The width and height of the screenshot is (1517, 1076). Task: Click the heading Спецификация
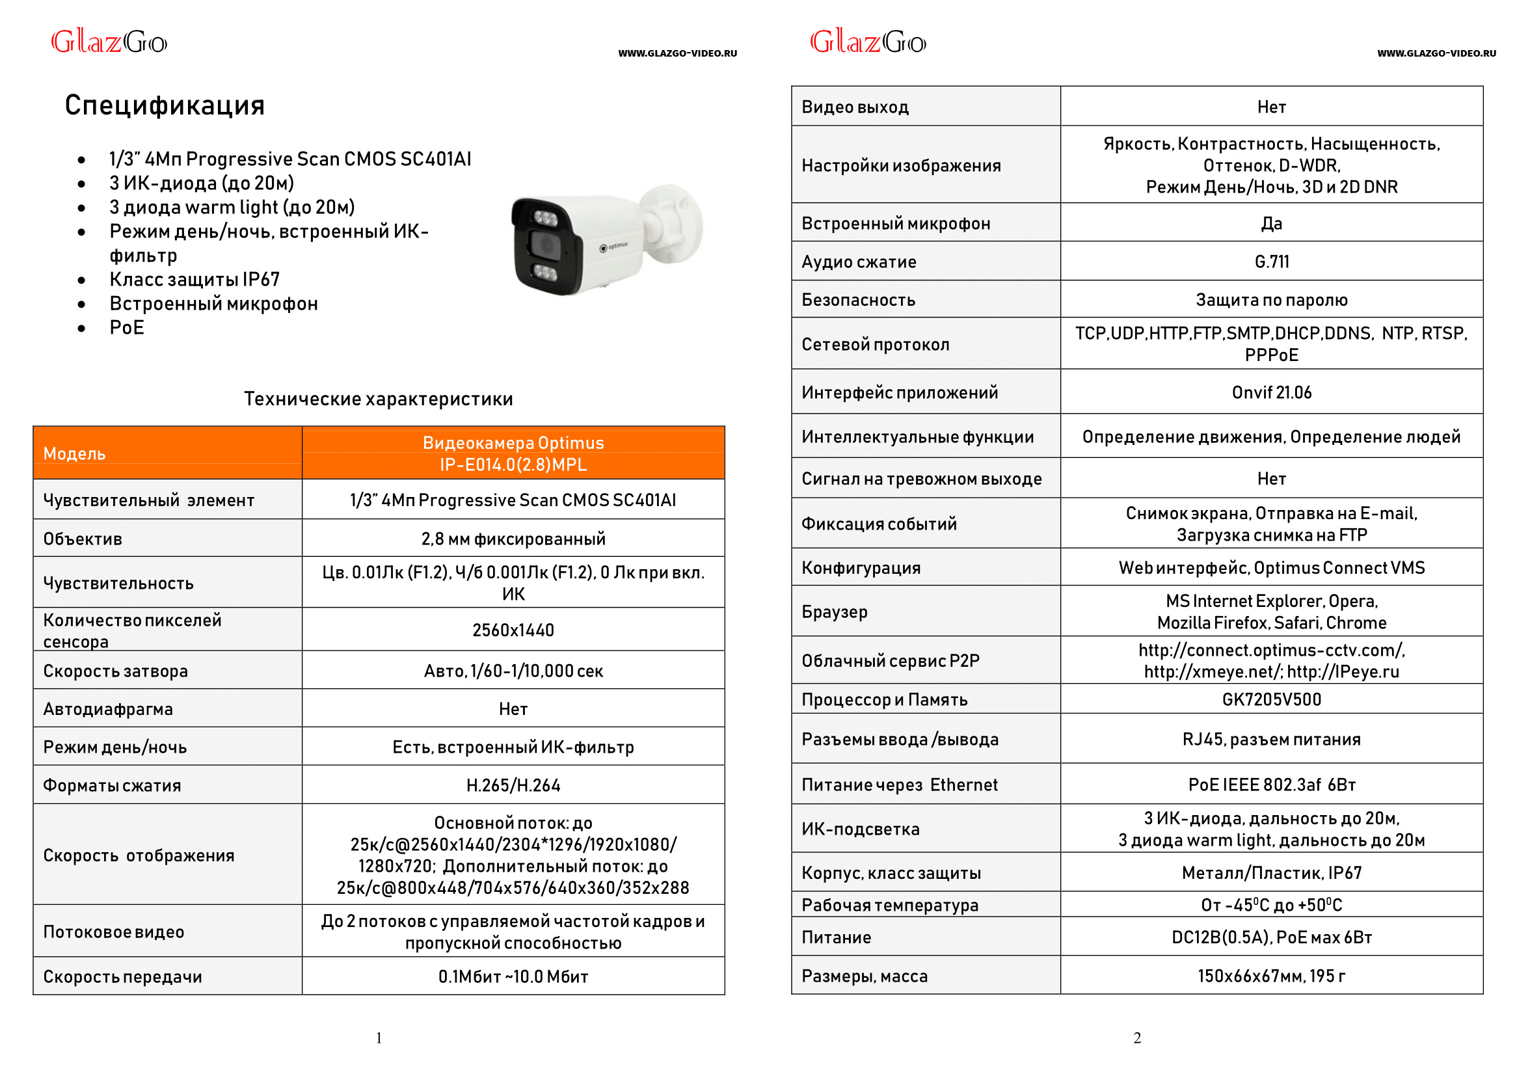[165, 105]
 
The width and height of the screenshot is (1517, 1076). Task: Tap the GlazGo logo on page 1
[109, 42]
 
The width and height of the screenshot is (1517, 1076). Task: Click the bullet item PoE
[127, 327]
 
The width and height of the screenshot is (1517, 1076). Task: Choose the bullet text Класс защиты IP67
[194, 279]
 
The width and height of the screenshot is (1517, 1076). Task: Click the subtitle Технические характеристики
[377, 398]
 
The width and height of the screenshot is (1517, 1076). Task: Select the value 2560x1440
[513, 630]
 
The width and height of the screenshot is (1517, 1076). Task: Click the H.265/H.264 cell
[513, 785]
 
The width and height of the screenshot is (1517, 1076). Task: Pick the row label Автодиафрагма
[108, 709]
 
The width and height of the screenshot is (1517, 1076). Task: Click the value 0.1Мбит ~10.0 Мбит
[513, 976]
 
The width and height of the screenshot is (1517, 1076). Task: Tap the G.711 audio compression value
[1270, 262]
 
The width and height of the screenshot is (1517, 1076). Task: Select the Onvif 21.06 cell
[1270, 392]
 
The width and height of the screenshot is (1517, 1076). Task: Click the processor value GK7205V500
[1270, 700]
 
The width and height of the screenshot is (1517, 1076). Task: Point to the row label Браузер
[834, 612]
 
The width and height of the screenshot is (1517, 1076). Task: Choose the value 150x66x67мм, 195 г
[1270, 975]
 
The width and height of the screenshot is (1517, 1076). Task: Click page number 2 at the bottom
[1136, 1038]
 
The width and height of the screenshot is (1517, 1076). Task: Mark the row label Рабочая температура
[889, 905]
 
